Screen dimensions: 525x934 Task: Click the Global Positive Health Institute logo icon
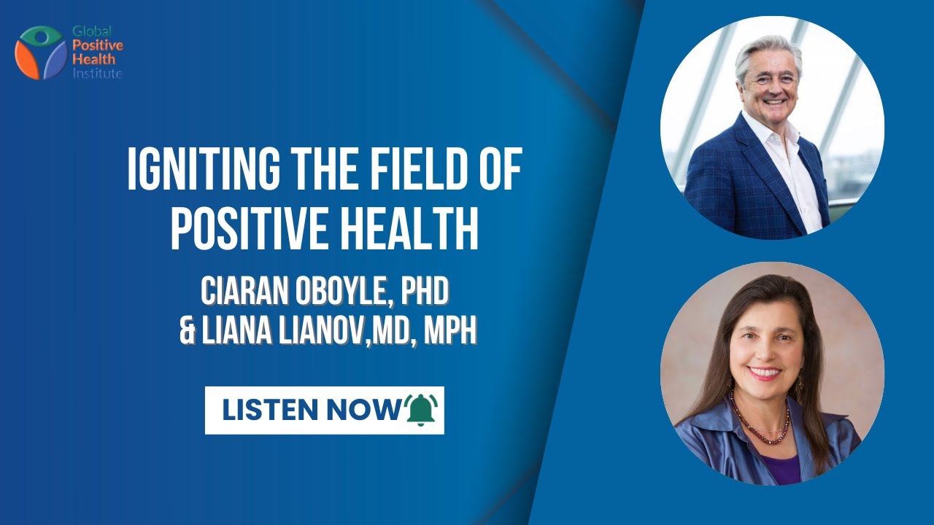(41, 52)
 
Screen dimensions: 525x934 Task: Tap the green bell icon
(421, 410)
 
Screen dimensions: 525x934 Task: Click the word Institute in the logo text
(97, 74)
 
